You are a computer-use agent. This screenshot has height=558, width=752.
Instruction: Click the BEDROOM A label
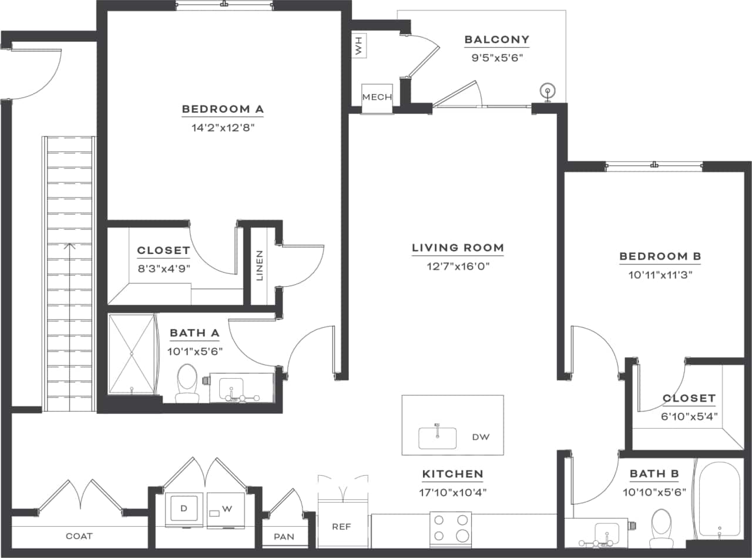pyautogui.click(x=223, y=109)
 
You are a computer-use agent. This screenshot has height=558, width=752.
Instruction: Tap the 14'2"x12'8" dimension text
pyautogui.click(x=223, y=127)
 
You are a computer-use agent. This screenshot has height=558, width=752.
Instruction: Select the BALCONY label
pyautogui.click(x=496, y=40)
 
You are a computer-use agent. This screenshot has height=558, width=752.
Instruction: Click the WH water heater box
pyautogui.click(x=358, y=46)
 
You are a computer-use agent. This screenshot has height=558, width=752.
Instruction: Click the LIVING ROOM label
pyautogui.click(x=458, y=248)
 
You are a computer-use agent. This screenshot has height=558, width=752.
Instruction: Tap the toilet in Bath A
pyautogui.click(x=187, y=383)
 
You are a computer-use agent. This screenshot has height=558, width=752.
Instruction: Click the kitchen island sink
pyautogui.click(x=437, y=437)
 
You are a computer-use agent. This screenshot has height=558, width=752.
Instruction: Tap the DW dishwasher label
pyautogui.click(x=480, y=437)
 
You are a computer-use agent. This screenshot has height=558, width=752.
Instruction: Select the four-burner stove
pyautogui.click(x=451, y=527)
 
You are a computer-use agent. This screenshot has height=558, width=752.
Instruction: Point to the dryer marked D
pyautogui.click(x=184, y=509)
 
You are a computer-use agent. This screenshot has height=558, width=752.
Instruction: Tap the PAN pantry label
pyautogui.click(x=284, y=537)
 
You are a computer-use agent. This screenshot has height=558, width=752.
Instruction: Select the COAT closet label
pyautogui.click(x=79, y=536)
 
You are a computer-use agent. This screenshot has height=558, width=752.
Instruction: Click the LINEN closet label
pyautogui.click(x=260, y=265)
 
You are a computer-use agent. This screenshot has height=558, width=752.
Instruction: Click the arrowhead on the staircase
pyautogui.click(x=70, y=246)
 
